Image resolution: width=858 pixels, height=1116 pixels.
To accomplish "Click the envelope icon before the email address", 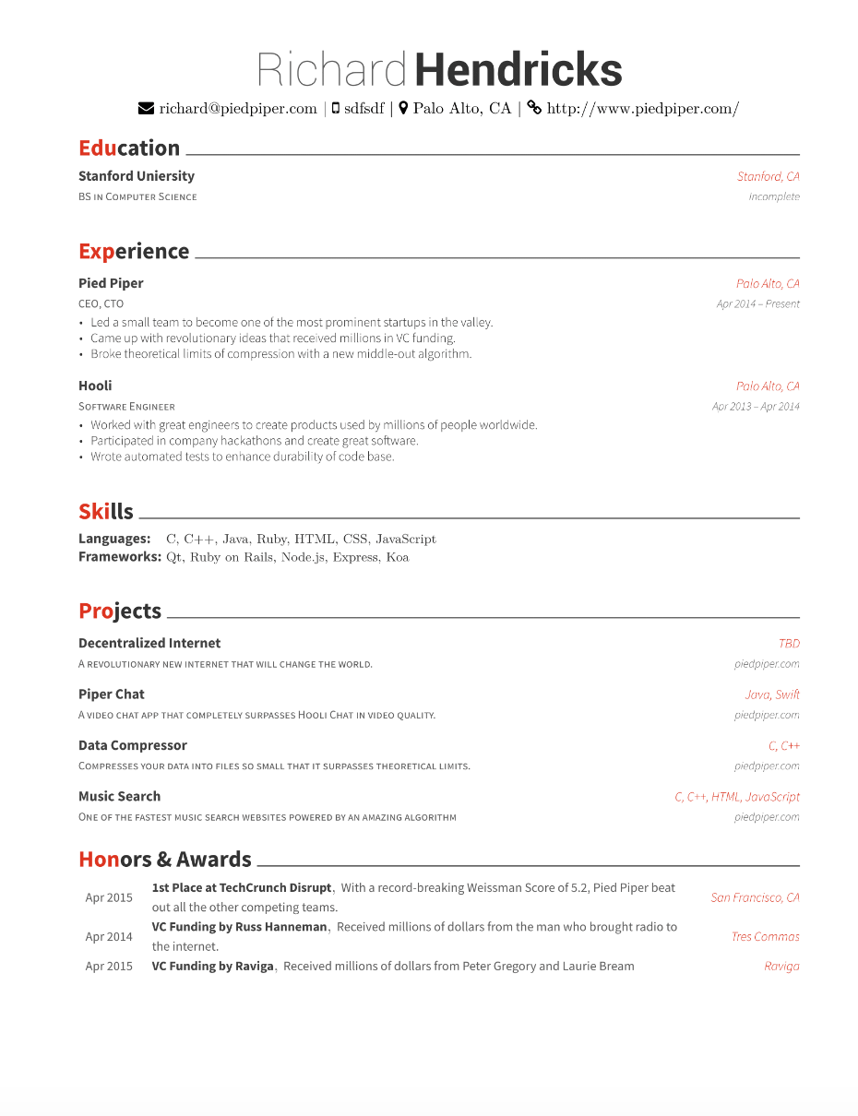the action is (146, 109).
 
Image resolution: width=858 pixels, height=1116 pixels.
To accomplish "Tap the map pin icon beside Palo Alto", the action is (403, 109).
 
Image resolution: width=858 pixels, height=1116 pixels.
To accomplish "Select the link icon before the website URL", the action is (534, 108).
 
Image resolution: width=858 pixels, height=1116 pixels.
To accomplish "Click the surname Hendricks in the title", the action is (518, 71).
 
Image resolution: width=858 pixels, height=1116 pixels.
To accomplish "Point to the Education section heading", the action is (129, 148).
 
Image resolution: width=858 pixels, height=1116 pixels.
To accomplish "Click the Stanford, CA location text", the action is (768, 176).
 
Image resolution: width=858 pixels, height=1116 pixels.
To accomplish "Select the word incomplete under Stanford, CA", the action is (774, 196).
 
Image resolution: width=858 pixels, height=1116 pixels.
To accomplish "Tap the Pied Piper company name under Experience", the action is (111, 283).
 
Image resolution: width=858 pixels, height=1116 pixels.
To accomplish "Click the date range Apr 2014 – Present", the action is (757, 303).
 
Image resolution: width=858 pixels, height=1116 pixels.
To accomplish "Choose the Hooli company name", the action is (95, 386).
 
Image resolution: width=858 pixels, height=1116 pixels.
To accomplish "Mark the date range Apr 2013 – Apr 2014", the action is (756, 406).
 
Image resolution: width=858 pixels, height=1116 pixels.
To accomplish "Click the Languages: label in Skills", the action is (114, 539).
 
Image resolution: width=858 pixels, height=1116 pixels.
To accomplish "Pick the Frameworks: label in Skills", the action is (120, 557).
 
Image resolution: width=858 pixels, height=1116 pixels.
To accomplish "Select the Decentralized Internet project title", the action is (149, 643).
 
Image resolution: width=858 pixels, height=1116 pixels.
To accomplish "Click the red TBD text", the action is (789, 644).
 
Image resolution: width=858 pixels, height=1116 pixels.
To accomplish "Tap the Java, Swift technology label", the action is (772, 695).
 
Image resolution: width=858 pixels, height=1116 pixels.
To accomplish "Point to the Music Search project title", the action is (119, 796).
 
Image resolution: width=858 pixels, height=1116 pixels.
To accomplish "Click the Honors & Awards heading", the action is (165, 860).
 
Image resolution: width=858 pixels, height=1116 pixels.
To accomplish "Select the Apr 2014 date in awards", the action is (109, 937).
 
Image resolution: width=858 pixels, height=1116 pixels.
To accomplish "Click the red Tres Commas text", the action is (765, 937).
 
